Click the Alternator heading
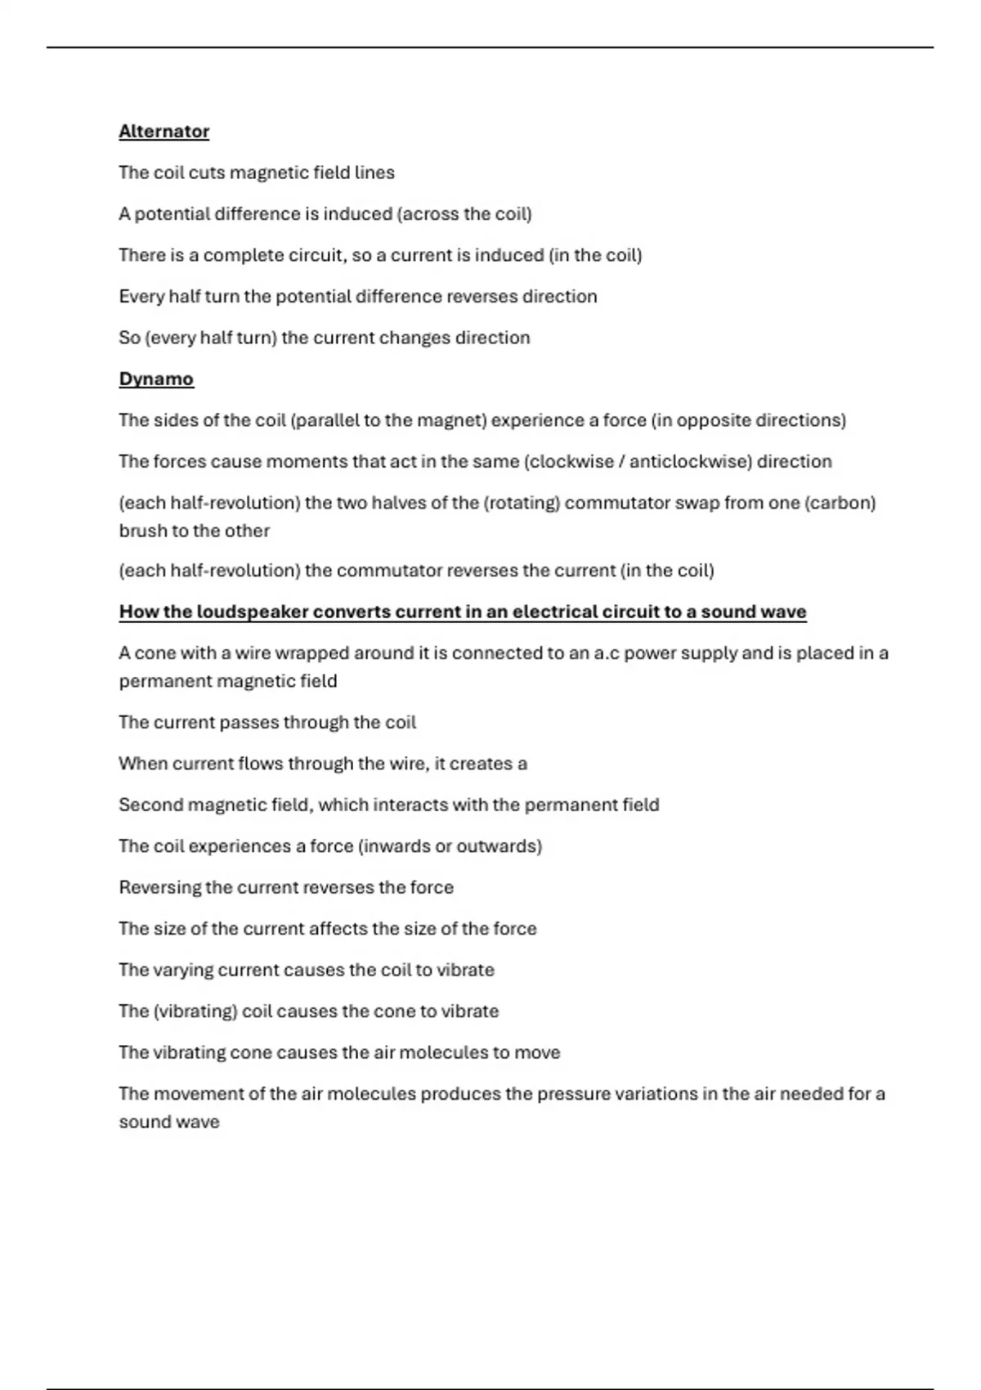tap(163, 132)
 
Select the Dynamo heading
tap(156, 379)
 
